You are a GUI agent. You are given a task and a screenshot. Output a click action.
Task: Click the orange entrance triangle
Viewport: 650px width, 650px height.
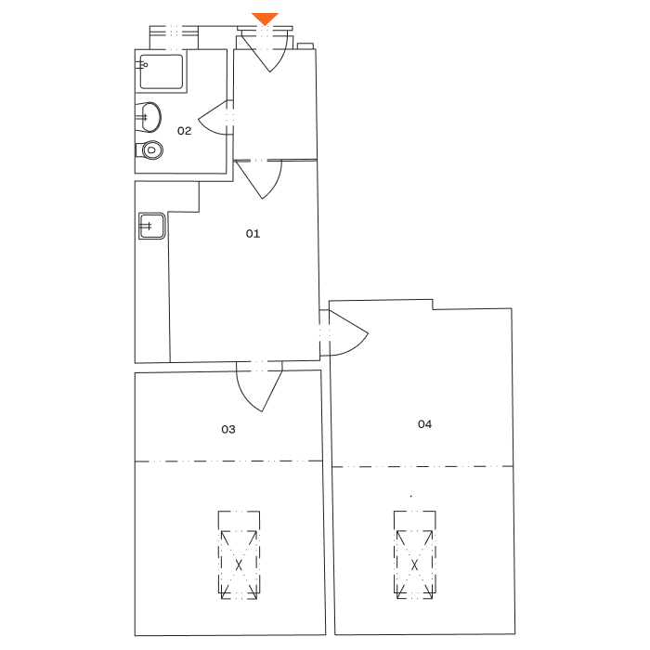click(266, 19)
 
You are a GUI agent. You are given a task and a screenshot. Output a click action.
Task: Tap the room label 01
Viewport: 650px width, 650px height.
click(253, 234)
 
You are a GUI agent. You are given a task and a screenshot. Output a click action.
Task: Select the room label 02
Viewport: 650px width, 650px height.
click(184, 131)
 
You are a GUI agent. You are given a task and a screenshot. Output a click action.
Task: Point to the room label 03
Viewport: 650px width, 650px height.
click(228, 430)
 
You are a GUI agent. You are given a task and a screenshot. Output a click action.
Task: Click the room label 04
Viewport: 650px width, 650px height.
click(424, 424)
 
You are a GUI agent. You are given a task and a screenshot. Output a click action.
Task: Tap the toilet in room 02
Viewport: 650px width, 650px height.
click(150, 149)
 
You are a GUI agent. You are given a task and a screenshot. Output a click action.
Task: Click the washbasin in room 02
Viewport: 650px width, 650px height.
click(149, 116)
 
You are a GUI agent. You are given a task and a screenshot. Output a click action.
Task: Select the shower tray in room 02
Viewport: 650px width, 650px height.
click(161, 71)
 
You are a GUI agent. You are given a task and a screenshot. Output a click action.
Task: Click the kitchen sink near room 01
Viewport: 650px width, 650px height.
click(151, 226)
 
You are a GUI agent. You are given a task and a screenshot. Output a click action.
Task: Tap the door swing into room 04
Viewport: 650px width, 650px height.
click(346, 334)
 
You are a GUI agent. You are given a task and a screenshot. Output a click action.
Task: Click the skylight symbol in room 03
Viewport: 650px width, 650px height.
click(238, 554)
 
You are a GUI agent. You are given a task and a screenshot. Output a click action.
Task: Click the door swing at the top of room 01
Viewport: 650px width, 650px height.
click(261, 177)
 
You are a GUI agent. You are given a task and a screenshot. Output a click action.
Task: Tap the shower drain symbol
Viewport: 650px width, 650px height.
click(145, 64)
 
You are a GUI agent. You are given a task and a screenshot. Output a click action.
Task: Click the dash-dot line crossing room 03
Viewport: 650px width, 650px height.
click(186, 461)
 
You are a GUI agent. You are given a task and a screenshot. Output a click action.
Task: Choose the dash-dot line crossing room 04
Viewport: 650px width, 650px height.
click(464, 466)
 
